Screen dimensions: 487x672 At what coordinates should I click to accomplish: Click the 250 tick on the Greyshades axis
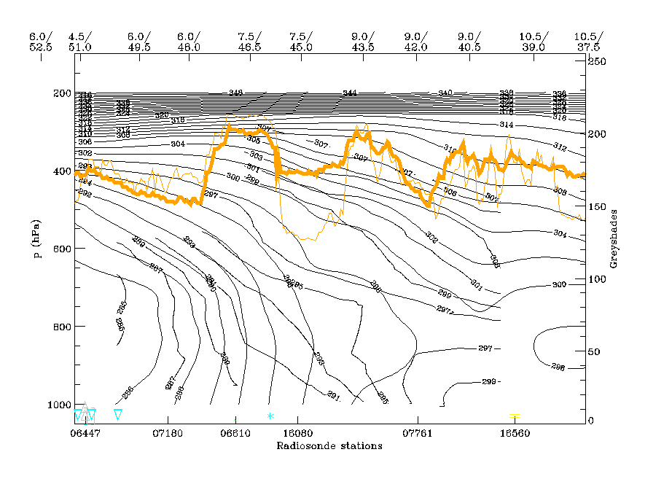[x=598, y=63]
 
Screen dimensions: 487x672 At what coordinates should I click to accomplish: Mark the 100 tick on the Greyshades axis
[x=598, y=279]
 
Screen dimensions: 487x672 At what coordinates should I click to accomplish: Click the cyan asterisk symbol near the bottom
[x=270, y=416]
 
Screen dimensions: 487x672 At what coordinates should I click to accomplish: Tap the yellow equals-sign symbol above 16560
[x=515, y=416]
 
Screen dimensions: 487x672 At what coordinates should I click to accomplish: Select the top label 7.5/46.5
[x=249, y=42]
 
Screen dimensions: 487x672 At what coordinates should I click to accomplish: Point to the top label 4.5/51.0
[x=79, y=42]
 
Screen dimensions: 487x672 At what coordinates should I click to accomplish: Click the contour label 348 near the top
[x=235, y=93]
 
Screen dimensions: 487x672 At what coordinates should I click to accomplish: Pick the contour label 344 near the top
[x=350, y=93]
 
